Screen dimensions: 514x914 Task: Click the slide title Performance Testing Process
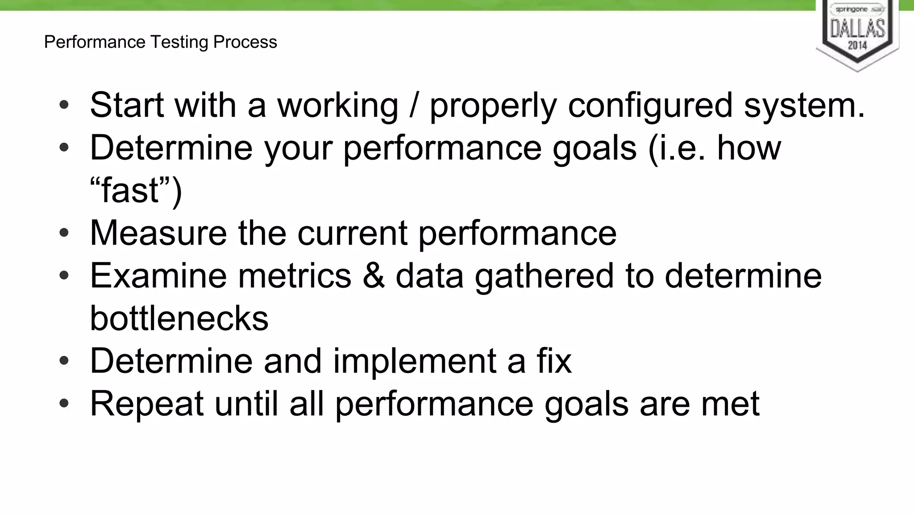point(161,42)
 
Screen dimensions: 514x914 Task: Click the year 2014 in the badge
point(857,45)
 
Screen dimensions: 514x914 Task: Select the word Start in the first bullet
point(127,105)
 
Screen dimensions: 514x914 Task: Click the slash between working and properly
point(414,105)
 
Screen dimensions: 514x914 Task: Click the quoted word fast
point(131,191)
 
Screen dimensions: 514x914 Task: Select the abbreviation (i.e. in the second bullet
point(677,148)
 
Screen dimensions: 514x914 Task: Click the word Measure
point(158,233)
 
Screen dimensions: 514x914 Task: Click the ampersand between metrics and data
point(374,276)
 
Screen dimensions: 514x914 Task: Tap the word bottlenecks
point(179,319)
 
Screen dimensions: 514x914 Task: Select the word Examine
point(158,276)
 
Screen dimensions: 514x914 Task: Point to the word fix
point(554,361)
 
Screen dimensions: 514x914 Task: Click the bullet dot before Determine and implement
point(64,361)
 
